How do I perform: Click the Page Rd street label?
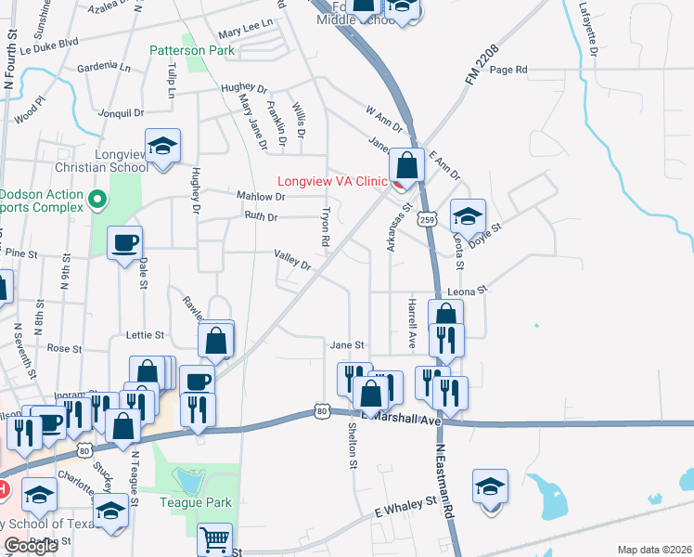click(x=508, y=70)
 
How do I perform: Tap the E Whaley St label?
click(x=405, y=507)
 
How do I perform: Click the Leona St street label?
click(x=468, y=291)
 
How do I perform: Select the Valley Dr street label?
click(x=291, y=260)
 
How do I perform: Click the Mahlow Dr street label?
click(x=260, y=196)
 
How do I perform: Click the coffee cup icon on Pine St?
click(x=124, y=243)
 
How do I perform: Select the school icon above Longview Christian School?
click(x=162, y=146)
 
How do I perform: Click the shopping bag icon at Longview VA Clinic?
click(x=406, y=166)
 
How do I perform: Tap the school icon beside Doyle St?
click(x=469, y=216)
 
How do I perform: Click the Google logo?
click(x=31, y=547)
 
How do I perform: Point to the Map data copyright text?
click(x=654, y=550)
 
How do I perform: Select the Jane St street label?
click(x=345, y=344)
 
